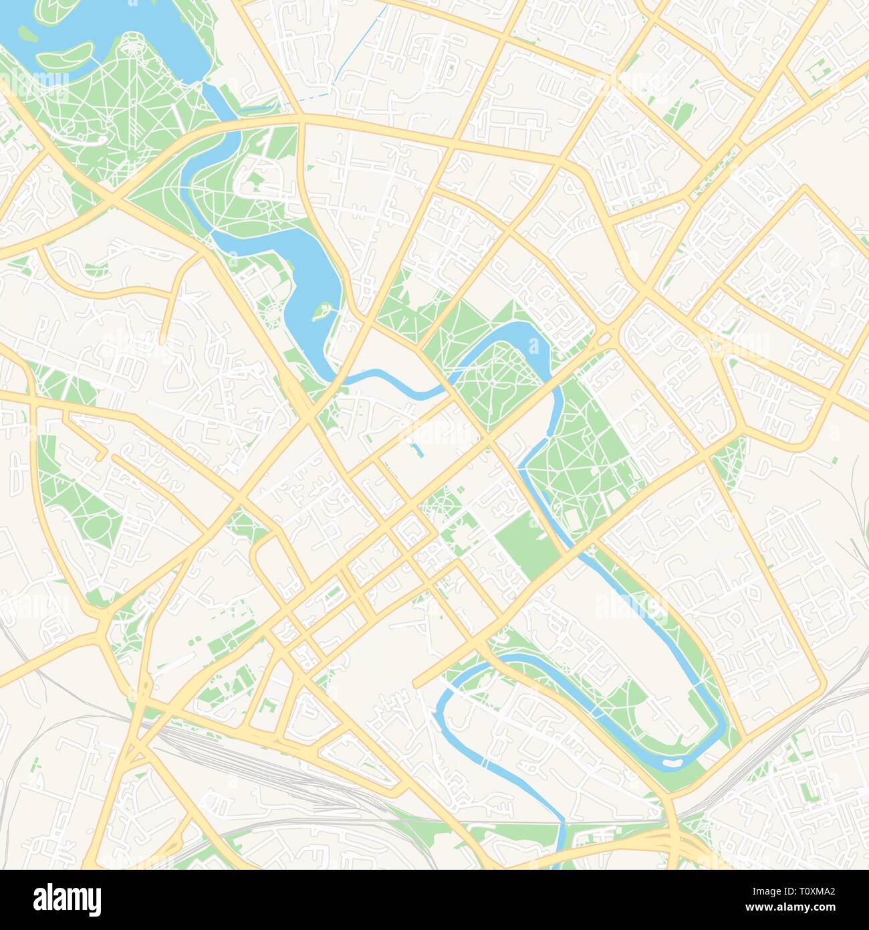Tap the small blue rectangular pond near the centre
pos(417,451)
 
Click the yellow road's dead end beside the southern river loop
pos(416,684)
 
